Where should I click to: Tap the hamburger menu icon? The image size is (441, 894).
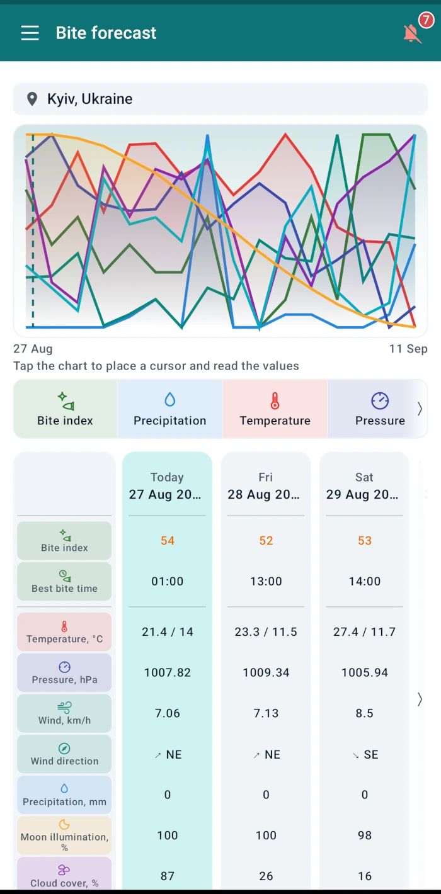click(30, 33)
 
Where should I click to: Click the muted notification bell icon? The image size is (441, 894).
click(412, 34)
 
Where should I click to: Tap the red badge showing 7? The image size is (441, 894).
click(427, 20)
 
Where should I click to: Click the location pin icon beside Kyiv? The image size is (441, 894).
click(32, 99)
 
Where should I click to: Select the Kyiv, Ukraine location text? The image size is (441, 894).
click(90, 99)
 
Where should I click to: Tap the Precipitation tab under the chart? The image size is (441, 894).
click(169, 409)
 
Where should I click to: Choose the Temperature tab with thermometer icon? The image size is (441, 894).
click(275, 409)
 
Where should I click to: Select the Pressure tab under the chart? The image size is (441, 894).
click(380, 409)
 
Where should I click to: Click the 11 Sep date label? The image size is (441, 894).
click(408, 349)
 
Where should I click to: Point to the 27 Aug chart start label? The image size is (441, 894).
click(33, 349)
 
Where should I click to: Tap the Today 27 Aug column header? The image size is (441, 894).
click(167, 485)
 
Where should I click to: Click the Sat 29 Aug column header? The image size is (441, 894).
click(364, 485)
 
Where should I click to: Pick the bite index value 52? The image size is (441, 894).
click(266, 540)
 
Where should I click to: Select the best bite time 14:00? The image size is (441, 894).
click(365, 581)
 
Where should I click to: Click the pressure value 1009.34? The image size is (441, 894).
click(266, 672)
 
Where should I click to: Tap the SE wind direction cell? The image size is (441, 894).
click(365, 754)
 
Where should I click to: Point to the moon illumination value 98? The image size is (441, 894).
click(365, 835)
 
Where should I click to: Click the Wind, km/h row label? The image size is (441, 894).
click(64, 713)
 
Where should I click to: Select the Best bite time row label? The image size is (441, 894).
click(64, 582)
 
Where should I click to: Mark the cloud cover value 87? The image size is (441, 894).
click(168, 876)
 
